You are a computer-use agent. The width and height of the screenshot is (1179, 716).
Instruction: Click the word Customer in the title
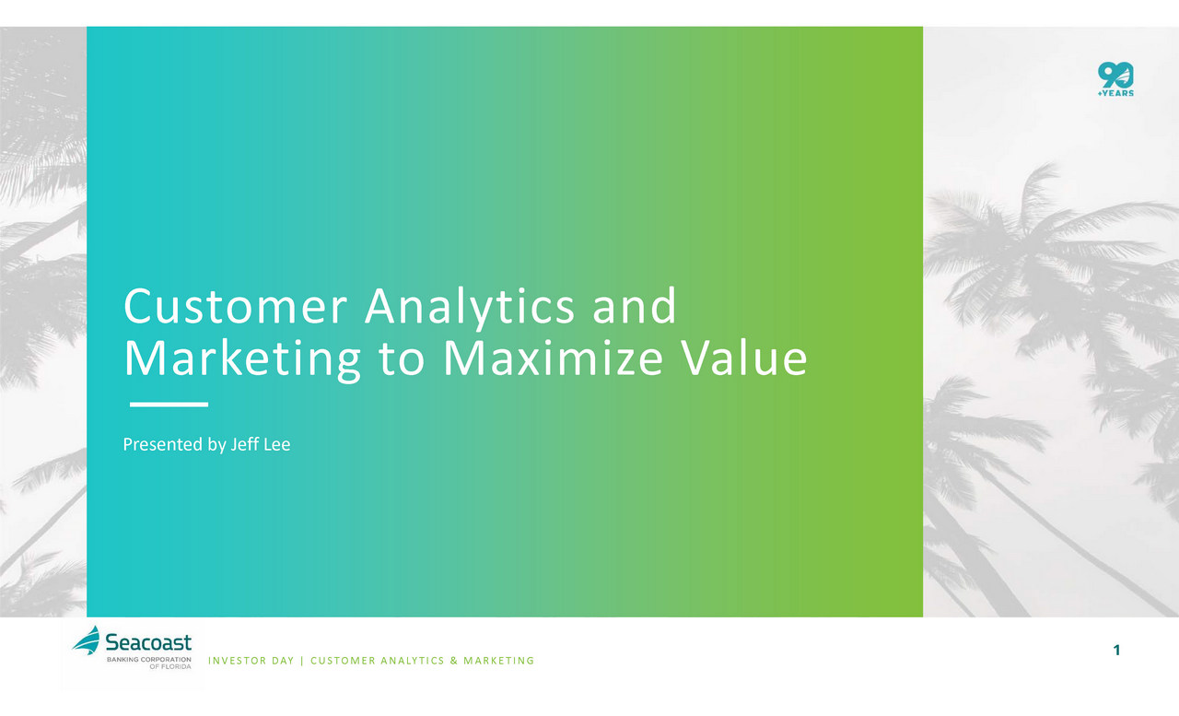pyautogui.click(x=235, y=306)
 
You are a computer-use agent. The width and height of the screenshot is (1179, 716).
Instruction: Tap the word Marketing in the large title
pyautogui.click(x=242, y=360)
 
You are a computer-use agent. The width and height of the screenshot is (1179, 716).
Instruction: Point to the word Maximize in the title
pyautogui.click(x=554, y=358)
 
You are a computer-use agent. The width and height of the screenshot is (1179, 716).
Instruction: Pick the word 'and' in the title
pyautogui.click(x=635, y=305)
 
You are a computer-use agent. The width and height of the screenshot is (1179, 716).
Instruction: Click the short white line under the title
pyautogui.click(x=169, y=405)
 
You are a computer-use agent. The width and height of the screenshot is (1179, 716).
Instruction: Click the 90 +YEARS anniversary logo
pyautogui.click(x=1115, y=79)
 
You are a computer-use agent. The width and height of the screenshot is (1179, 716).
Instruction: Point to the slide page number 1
pyautogui.click(x=1117, y=651)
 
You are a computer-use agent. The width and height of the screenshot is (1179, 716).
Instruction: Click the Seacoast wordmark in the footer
pyautogui.click(x=148, y=642)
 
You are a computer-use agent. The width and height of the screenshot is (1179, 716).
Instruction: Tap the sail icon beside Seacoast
pyautogui.click(x=87, y=640)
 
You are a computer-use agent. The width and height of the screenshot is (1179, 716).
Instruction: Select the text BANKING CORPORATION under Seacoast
pyautogui.click(x=149, y=659)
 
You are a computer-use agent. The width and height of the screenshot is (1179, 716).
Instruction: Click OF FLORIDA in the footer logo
pyautogui.click(x=170, y=666)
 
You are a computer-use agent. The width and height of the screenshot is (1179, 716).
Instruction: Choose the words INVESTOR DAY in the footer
pyautogui.click(x=251, y=661)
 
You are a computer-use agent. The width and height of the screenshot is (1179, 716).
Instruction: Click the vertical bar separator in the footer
pyautogui.click(x=302, y=661)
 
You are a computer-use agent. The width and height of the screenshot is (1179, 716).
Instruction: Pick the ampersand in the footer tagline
pyautogui.click(x=454, y=661)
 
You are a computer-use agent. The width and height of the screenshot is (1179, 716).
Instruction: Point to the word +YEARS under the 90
pyautogui.click(x=1115, y=93)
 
